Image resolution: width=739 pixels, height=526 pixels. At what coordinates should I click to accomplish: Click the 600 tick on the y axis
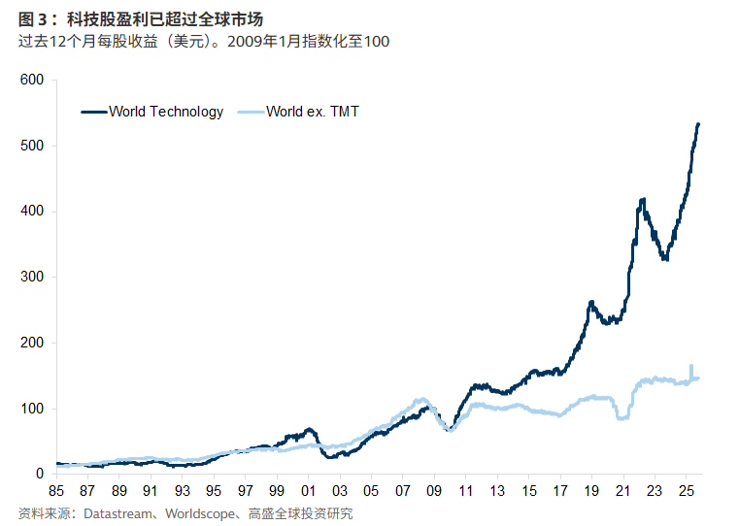click(x=33, y=80)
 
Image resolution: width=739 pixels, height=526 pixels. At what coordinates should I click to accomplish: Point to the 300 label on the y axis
click(x=33, y=277)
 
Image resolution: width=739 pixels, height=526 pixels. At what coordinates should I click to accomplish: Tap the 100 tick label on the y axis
click(x=33, y=409)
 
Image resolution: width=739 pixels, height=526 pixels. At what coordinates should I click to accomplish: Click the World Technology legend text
click(x=166, y=112)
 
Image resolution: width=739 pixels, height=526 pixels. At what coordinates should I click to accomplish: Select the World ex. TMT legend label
click(x=313, y=112)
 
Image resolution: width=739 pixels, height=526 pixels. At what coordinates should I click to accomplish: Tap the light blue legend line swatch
click(x=250, y=112)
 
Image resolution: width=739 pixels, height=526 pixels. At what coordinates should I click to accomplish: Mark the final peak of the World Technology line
click(x=698, y=124)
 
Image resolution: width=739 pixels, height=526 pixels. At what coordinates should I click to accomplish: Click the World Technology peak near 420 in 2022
click(x=643, y=200)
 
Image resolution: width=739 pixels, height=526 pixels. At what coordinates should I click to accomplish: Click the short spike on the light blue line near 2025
click(x=691, y=367)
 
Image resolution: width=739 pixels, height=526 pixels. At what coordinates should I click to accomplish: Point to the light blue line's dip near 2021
click(x=622, y=418)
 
